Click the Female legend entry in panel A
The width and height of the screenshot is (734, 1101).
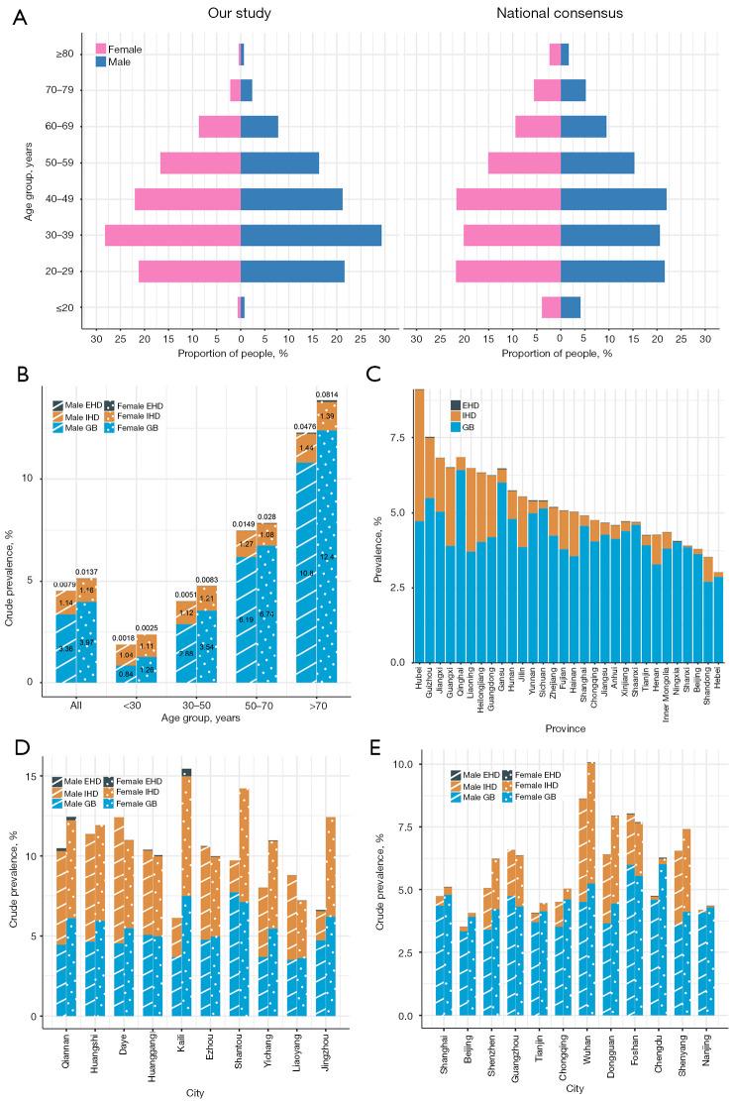coord(124,48)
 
